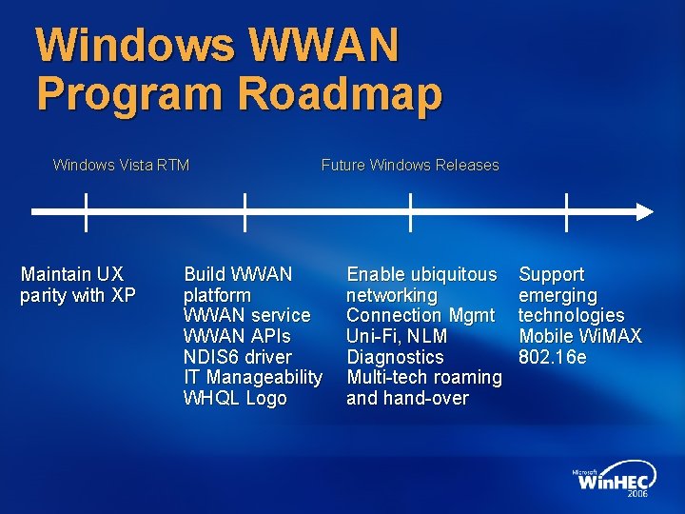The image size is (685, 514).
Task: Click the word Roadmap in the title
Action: (x=340, y=94)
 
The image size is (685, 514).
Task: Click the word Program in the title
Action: (x=130, y=94)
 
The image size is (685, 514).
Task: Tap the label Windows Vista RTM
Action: (x=121, y=166)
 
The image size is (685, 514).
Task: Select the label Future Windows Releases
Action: (x=410, y=166)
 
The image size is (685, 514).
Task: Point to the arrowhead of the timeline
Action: (x=645, y=211)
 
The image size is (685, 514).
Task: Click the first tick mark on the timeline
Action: (x=86, y=211)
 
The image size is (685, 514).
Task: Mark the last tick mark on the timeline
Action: (x=566, y=211)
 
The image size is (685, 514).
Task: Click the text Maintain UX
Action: (x=72, y=274)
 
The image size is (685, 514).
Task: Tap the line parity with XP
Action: (x=78, y=295)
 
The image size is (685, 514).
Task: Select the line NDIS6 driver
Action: (x=237, y=357)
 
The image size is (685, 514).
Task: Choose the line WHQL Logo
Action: (x=234, y=398)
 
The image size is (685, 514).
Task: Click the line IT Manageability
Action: (x=252, y=378)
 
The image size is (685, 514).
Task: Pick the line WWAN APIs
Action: (x=237, y=336)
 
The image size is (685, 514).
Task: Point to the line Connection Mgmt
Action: (x=421, y=315)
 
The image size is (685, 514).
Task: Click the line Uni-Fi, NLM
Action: (x=397, y=336)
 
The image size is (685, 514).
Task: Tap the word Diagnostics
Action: (x=395, y=357)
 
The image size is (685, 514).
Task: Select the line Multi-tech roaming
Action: (x=424, y=378)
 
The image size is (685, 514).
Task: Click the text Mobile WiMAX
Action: (x=580, y=336)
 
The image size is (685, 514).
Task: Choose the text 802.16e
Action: (x=553, y=357)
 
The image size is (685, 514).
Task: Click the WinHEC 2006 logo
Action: (x=611, y=484)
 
